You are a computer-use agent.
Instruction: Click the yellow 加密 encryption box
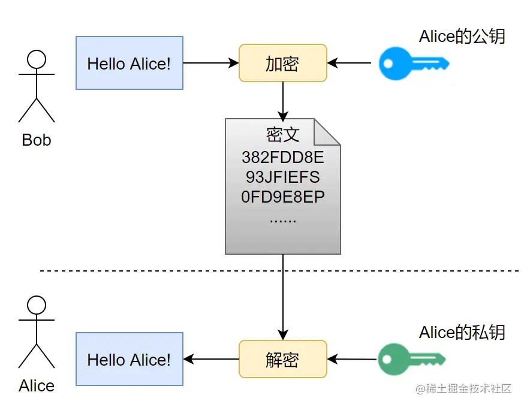point(282,63)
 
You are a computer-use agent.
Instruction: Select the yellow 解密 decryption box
point(282,359)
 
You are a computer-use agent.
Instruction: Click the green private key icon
point(412,359)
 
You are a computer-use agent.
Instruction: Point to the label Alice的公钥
point(462,36)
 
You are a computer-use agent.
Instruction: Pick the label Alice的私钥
point(462,332)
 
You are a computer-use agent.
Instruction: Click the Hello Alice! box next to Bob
point(129,63)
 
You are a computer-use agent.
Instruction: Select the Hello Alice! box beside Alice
point(129,359)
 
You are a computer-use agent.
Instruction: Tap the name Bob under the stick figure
point(37,140)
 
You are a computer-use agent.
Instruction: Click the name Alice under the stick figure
point(37,386)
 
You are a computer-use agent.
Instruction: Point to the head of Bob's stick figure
point(37,59)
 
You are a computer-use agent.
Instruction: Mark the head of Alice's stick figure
point(37,305)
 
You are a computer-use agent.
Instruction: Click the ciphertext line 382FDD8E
point(282,158)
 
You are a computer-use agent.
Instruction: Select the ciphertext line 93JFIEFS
point(282,177)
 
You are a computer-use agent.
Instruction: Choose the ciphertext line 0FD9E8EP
point(282,197)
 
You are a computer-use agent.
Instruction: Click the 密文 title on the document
point(282,135)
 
